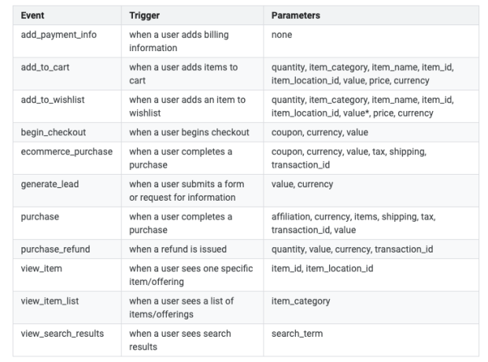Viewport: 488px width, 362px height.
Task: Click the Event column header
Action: coord(32,16)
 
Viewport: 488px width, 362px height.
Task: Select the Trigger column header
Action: coord(144,16)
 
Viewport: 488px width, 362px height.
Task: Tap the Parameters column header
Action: coord(295,16)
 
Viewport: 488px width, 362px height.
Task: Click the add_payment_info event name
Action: coord(58,35)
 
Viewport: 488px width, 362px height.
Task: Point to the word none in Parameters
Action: coord(282,35)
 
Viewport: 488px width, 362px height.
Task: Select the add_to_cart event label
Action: coord(45,67)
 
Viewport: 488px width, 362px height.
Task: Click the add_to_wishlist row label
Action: coord(53,100)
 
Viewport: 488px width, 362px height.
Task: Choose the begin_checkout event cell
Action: coord(54,132)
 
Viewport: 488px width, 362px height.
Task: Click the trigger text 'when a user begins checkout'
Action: coord(189,132)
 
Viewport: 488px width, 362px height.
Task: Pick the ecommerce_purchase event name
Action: coord(67,152)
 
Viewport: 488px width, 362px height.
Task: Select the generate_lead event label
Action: coord(50,184)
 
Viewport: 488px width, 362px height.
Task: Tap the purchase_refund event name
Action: coord(55,249)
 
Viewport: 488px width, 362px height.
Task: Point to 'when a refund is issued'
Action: coord(178,249)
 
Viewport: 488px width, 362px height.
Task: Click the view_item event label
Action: coord(42,268)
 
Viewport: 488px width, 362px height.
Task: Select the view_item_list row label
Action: coord(50,301)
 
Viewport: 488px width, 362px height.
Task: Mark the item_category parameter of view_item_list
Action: coord(301,301)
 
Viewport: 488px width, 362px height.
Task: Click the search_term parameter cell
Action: coord(297,334)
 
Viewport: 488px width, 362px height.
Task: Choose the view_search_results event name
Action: coord(62,334)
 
